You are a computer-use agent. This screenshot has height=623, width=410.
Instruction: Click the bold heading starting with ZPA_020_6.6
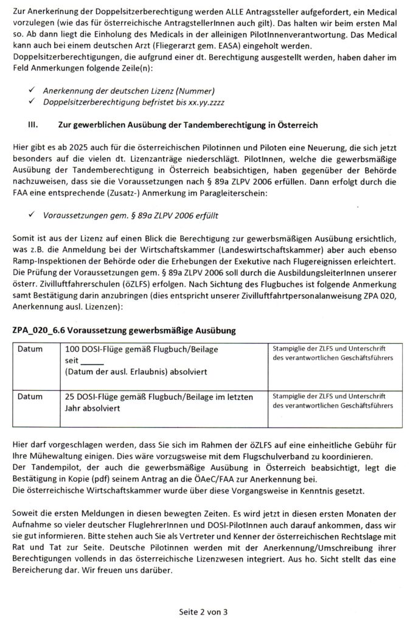point(123,330)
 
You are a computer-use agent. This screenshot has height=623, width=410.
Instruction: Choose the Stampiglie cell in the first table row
point(332,353)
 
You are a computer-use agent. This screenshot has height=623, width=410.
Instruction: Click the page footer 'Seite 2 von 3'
point(204,610)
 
